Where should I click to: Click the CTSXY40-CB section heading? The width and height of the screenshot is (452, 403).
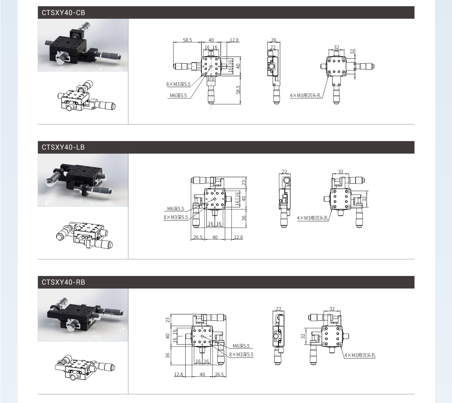(63, 13)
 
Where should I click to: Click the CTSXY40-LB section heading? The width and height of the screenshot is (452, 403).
(63, 147)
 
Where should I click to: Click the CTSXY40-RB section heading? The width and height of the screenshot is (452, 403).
(63, 282)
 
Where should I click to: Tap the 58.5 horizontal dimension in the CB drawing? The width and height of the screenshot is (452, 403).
(187, 40)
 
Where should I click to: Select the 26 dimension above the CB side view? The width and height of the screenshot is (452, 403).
(273, 40)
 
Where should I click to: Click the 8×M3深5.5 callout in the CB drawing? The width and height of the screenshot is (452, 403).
(178, 84)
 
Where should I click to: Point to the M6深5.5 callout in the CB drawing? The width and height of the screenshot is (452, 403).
(178, 95)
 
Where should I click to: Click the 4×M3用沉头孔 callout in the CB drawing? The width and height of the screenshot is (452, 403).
(305, 95)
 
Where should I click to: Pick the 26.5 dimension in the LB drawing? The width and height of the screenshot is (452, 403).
(198, 237)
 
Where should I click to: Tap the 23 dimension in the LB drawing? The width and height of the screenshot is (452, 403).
(244, 182)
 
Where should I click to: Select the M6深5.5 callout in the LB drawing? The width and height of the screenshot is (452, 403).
(176, 209)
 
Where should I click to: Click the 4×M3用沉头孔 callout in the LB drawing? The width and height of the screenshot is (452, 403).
(312, 218)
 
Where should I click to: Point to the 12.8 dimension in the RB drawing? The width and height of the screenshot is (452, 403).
(179, 374)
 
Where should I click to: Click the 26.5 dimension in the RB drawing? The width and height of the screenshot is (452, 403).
(219, 374)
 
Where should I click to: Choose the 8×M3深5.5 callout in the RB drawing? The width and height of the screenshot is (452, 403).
(241, 354)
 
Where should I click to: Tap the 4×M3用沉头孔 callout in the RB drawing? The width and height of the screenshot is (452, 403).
(360, 355)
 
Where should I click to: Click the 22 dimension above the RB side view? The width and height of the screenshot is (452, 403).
(278, 309)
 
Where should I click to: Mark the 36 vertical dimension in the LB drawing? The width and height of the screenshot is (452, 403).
(244, 218)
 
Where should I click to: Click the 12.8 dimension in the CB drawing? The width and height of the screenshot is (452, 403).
(234, 40)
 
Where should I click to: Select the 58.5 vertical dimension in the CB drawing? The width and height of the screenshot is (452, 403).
(238, 90)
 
